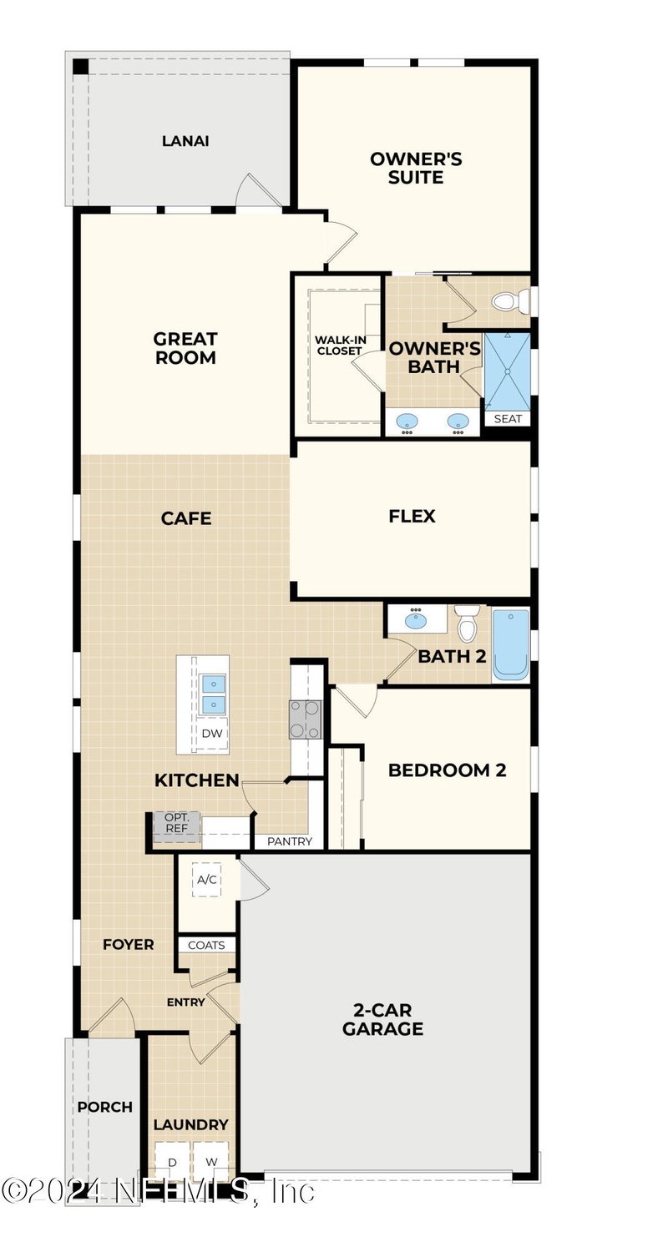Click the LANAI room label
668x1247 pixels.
[x=185, y=141]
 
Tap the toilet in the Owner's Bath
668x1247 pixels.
[x=507, y=300]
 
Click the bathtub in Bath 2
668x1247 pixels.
[x=510, y=644]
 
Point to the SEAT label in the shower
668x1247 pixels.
[x=507, y=419]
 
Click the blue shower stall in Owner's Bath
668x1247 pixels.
[x=507, y=370]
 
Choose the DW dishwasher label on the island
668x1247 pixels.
[x=211, y=733]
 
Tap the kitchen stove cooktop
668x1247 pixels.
[x=305, y=719]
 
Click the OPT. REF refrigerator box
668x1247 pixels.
[x=176, y=822]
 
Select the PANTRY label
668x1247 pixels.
[x=289, y=841]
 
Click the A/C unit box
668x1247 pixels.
[x=207, y=879]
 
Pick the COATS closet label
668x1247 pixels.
[x=206, y=945]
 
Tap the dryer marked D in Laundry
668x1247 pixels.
[x=172, y=1162]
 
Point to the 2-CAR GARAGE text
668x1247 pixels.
[x=382, y=1018]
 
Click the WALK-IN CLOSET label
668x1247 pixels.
[x=338, y=346]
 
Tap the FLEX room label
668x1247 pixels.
[x=412, y=516]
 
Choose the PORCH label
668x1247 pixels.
[x=105, y=1107]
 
